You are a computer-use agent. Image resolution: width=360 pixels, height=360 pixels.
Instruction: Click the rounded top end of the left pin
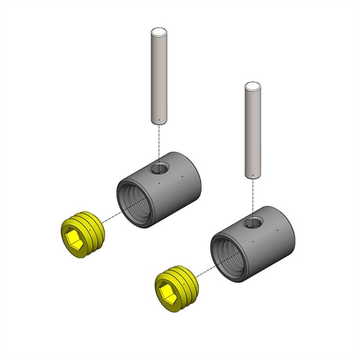click(158, 32)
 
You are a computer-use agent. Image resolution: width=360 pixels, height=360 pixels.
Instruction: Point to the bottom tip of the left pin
click(158, 121)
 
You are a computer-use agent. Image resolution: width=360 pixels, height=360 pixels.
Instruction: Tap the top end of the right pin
click(252, 86)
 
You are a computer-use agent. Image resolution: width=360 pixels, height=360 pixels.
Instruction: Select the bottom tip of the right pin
click(252, 176)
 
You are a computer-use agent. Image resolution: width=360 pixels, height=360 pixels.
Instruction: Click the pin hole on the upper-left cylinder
click(158, 169)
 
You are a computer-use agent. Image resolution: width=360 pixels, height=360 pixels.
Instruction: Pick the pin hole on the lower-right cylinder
click(251, 223)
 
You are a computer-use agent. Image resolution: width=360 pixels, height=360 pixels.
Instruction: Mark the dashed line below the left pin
click(158, 140)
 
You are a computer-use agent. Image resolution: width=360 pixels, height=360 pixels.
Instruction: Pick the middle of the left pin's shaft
click(158, 76)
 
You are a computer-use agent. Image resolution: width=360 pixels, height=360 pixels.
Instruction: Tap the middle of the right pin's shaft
click(252, 131)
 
